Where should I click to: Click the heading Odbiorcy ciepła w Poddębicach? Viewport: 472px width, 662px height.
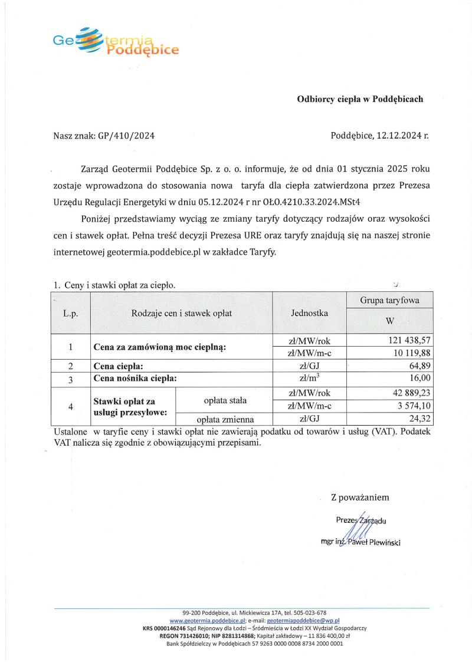[x=359, y=99]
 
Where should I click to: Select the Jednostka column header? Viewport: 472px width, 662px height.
[x=309, y=313]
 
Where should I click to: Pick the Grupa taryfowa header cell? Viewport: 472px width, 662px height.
[x=389, y=300]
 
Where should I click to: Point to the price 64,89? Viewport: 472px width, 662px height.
[x=420, y=366]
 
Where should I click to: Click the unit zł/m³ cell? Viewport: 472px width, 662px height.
[x=309, y=378]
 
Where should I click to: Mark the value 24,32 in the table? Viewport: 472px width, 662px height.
[x=420, y=419]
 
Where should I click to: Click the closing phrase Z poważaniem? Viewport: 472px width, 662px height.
[x=360, y=498]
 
